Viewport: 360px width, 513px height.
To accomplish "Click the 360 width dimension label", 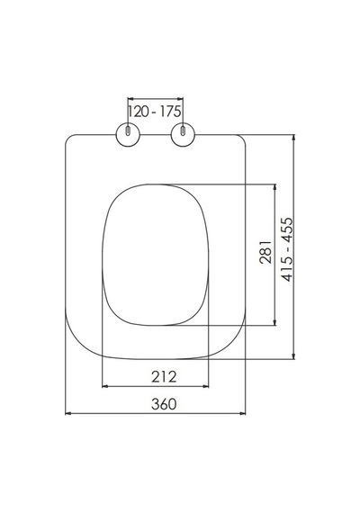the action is coord(164,404).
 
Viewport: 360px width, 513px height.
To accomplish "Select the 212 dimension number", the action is coord(164,377).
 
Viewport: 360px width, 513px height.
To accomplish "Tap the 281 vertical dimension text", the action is coord(265,252).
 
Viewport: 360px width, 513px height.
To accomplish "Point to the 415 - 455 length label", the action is coord(288,249).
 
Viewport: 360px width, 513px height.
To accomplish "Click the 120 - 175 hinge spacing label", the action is coord(154,112).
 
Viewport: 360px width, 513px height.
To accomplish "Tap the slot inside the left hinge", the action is coord(128,130).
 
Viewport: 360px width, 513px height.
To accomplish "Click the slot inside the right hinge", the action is coord(183,130).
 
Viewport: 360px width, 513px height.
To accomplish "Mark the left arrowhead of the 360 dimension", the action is coord(68,413).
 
